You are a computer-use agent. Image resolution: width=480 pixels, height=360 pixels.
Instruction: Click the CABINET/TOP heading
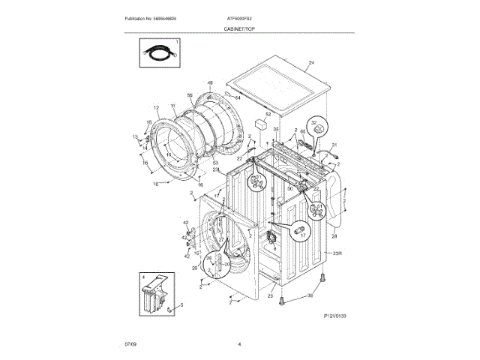point(239,28)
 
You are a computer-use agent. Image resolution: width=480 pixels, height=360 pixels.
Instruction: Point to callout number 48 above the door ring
point(211,82)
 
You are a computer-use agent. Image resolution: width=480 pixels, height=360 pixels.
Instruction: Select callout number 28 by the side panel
point(335,236)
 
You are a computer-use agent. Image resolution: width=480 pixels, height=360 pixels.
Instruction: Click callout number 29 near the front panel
point(194,268)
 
